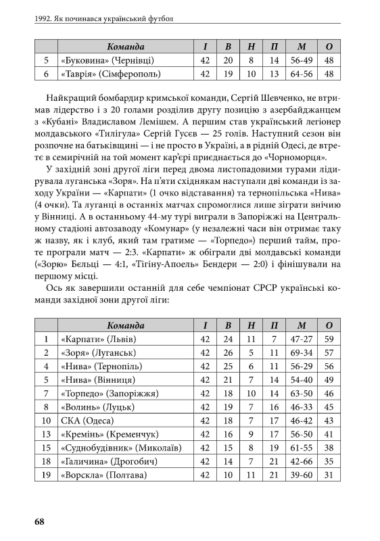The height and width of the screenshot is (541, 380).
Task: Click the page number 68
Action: pos(39,521)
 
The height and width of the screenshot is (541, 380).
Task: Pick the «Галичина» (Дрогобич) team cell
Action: pos(108,462)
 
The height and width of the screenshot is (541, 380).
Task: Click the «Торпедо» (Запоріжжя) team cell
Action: pos(110,393)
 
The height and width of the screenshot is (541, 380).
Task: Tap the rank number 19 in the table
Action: pos(46,476)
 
